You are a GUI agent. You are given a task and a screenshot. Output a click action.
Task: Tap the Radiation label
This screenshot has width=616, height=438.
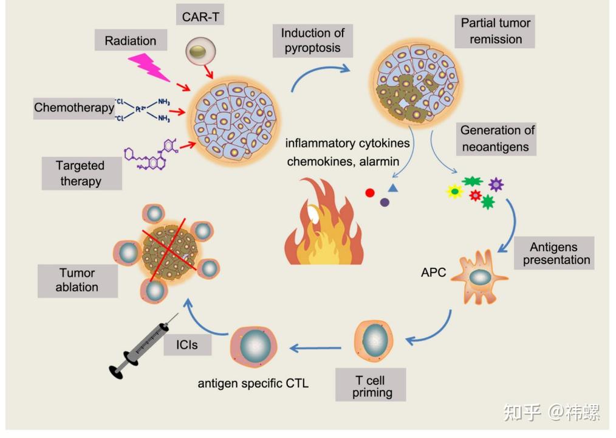(131, 40)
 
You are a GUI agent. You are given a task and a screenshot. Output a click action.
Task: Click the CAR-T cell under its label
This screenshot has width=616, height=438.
(200, 51)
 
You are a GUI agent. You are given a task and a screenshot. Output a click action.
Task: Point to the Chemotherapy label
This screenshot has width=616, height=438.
(74, 108)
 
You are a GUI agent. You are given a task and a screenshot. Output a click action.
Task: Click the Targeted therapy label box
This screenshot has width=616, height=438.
(82, 173)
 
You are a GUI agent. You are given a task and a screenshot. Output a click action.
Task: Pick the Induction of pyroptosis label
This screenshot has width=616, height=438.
(313, 41)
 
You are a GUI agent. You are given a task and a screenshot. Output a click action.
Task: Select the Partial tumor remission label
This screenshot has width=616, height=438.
(495, 32)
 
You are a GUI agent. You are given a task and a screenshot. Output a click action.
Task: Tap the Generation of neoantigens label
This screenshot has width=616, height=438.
(496, 139)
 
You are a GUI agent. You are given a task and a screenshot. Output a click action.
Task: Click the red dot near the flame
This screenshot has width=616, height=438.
(370, 193)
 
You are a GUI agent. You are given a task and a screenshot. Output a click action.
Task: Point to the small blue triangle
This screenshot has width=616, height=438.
(393, 188)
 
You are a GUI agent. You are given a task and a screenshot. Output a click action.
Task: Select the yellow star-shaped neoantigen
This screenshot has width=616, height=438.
(454, 191)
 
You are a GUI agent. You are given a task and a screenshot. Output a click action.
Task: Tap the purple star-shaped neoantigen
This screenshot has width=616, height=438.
(496, 184)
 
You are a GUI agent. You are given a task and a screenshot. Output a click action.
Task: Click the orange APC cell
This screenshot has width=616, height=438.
(479, 277)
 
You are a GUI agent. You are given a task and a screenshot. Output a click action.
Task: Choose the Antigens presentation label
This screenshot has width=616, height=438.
(554, 253)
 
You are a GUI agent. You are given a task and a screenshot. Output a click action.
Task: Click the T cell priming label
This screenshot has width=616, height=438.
(371, 385)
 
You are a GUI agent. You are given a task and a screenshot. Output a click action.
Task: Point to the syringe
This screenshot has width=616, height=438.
(143, 346)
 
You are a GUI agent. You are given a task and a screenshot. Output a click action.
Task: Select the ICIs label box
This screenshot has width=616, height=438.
(187, 345)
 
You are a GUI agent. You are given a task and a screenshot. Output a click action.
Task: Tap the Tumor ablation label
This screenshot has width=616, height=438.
(78, 280)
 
